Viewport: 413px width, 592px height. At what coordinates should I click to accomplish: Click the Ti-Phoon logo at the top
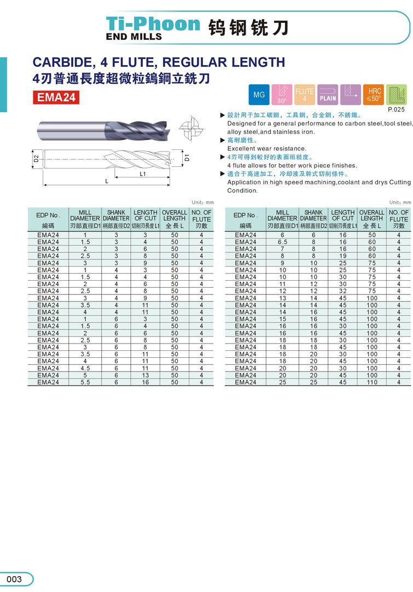click(153, 25)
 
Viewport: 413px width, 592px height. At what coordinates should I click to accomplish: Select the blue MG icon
click(259, 95)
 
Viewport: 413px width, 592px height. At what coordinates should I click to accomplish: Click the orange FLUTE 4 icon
click(305, 95)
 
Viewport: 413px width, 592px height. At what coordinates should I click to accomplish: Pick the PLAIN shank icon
click(328, 95)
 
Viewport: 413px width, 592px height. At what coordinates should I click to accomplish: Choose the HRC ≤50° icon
click(374, 95)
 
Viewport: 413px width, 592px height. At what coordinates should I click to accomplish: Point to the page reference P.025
click(395, 109)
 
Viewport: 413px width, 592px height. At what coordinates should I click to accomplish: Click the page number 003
click(15, 579)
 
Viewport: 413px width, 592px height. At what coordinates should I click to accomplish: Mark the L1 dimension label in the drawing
click(142, 173)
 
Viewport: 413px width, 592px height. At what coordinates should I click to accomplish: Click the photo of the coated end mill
click(109, 132)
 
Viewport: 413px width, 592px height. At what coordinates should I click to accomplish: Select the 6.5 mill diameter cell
click(282, 242)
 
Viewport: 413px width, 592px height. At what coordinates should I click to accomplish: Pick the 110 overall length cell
click(372, 382)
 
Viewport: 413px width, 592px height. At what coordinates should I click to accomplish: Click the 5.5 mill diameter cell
click(85, 382)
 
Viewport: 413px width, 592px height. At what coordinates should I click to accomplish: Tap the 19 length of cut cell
click(343, 256)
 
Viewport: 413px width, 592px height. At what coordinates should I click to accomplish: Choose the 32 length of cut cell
click(343, 291)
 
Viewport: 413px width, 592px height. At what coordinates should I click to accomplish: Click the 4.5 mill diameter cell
click(85, 368)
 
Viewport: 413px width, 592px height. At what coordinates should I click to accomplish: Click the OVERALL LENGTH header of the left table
click(174, 216)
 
